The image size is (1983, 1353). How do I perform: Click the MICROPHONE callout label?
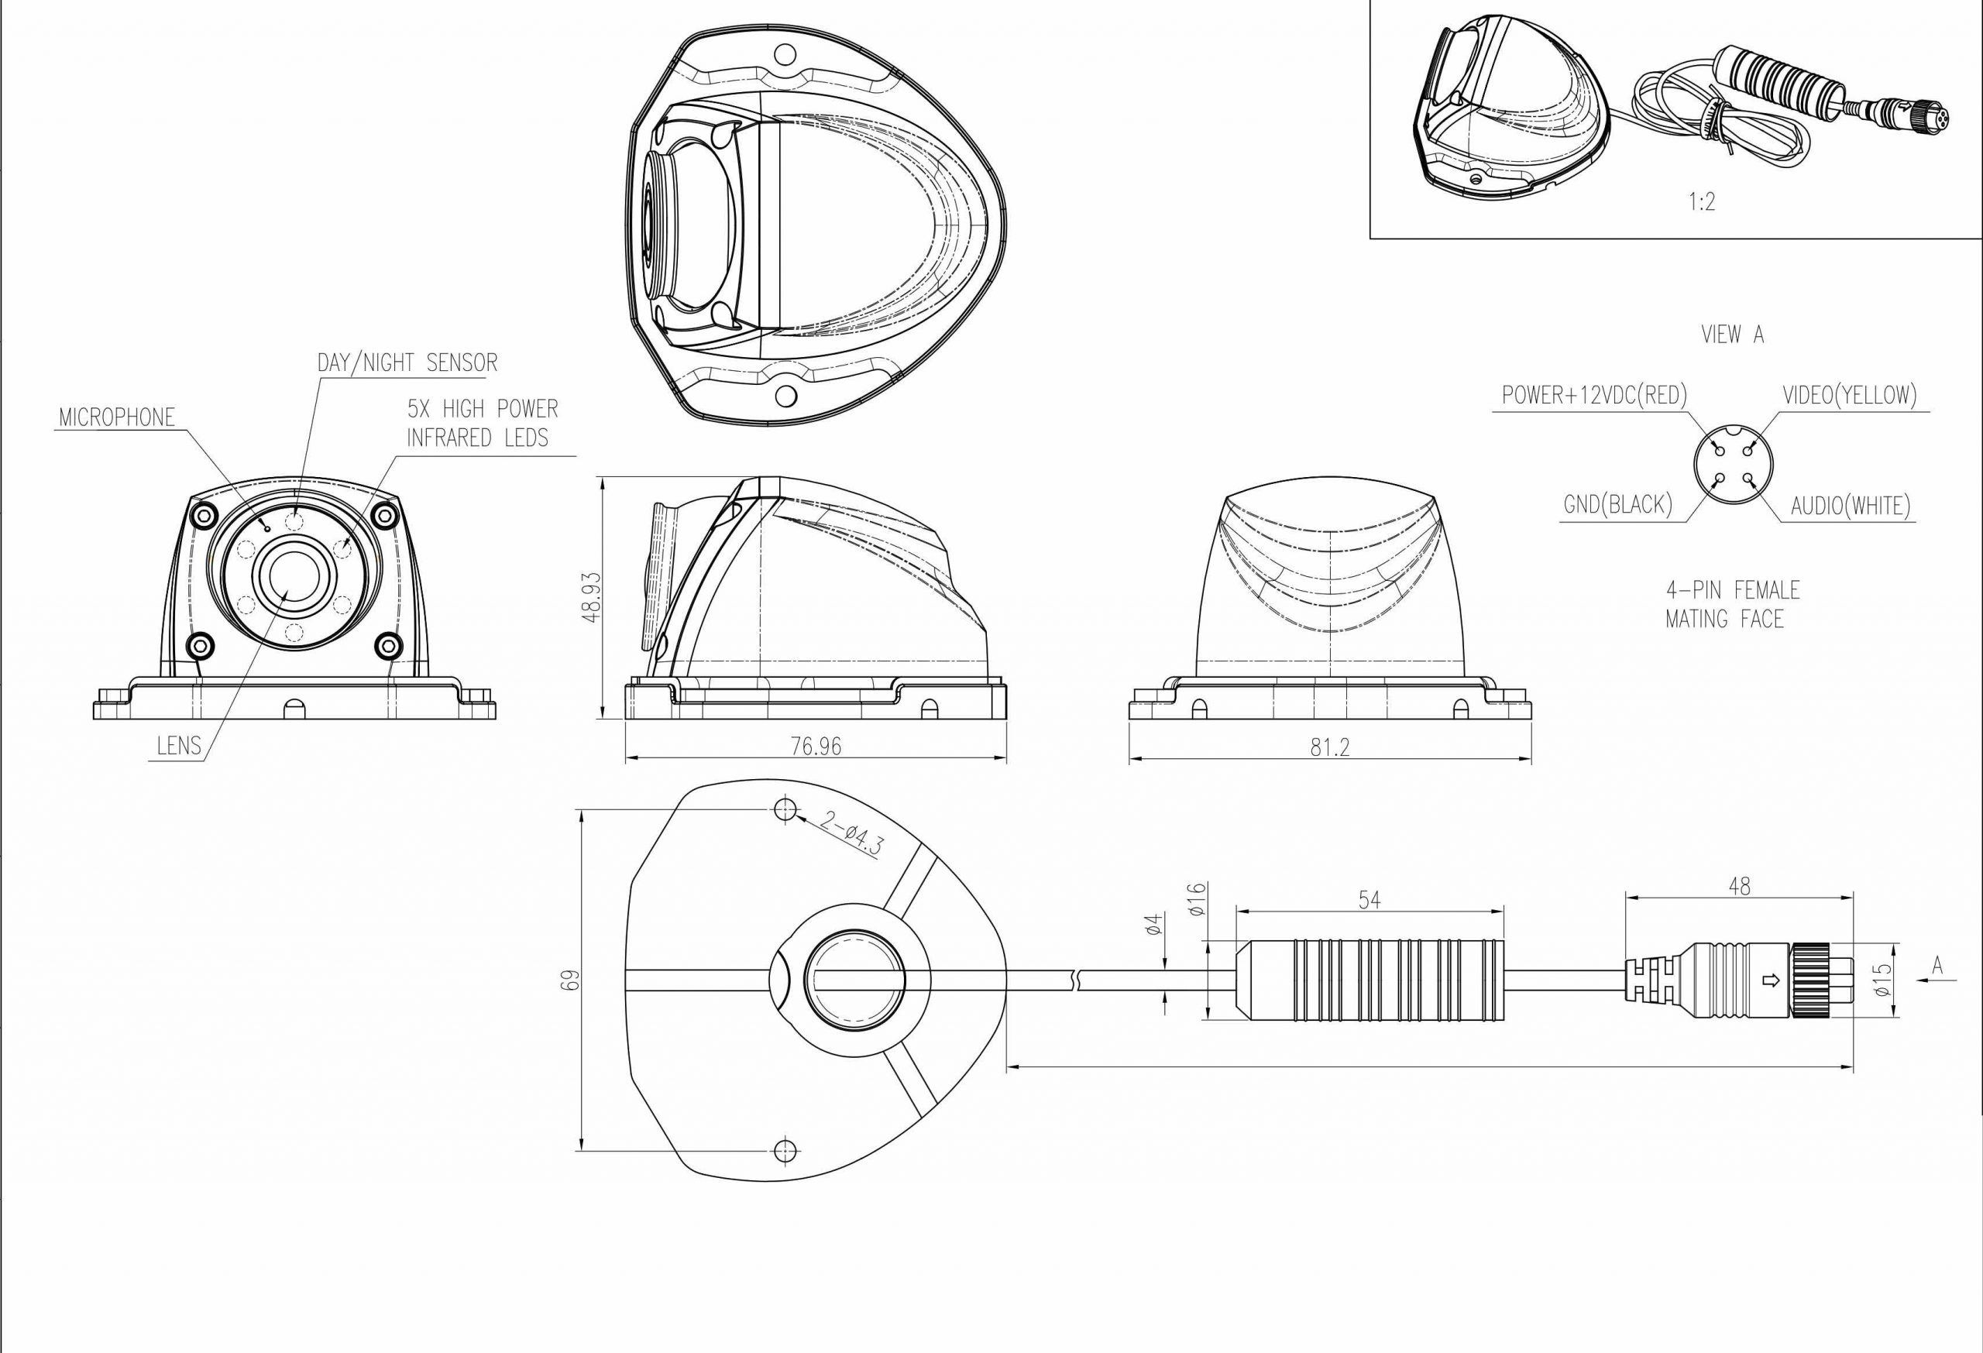tap(117, 417)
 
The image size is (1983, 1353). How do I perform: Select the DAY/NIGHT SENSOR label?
tap(407, 362)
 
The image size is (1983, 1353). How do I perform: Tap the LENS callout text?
tap(179, 746)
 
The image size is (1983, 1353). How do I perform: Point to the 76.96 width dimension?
tap(816, 747)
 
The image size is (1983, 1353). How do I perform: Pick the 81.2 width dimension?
tap(1330, 747)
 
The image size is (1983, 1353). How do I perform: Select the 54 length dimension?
tap(1369, 899)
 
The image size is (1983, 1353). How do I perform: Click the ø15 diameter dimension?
tap(1883, 980)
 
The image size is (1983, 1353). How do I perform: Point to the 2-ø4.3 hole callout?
tap(851, 833)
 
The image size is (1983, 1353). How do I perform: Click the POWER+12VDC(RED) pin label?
tap(1594, 395)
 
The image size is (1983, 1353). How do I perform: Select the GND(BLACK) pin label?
tap(1617, 504)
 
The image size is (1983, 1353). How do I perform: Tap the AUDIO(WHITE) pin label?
tap(1850, 506)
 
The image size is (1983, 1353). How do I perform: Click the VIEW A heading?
tap(1732, 335)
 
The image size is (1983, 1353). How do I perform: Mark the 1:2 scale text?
tap(1701, 201)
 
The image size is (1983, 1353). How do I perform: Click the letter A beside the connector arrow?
tap(1938, 966)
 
